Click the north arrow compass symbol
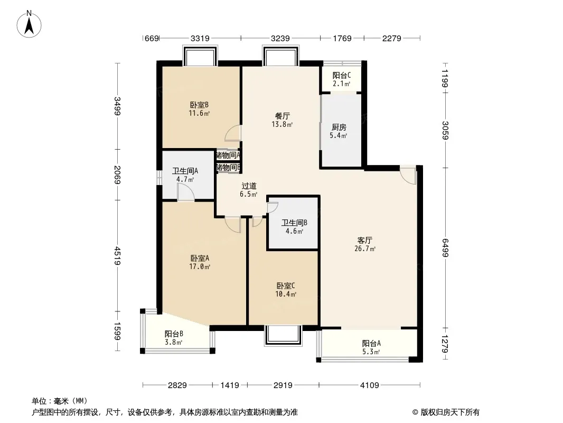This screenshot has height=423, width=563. tap(29, 24)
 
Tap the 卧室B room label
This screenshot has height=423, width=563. tap(199, 109)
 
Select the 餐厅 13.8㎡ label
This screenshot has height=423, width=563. tap(282, 120)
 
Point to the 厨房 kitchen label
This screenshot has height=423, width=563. tap(339, 131)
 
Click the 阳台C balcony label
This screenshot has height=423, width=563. tap(342, 79)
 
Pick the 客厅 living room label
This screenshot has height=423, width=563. tap(365, 244)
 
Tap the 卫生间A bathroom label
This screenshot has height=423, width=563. tap(185, 175)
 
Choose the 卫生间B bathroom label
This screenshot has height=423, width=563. tap(294, 227)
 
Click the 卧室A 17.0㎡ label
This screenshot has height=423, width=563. tap(200, 262)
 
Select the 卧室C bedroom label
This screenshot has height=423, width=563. tap(286, 290)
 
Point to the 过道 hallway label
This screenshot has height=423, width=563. tap(248, 190)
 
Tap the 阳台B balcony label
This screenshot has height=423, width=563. tap(174, 338)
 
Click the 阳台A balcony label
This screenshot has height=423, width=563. tap(371, 347)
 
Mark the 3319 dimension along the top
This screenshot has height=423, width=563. tap(200, 38)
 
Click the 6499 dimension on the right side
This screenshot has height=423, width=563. tap(445, 247)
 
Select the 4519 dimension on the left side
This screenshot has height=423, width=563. tap(117, 255)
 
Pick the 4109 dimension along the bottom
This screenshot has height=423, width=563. tap(370, 385)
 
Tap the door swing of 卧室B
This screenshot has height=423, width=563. tap(233, 133)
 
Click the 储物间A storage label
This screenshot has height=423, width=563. tap(228, 155)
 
